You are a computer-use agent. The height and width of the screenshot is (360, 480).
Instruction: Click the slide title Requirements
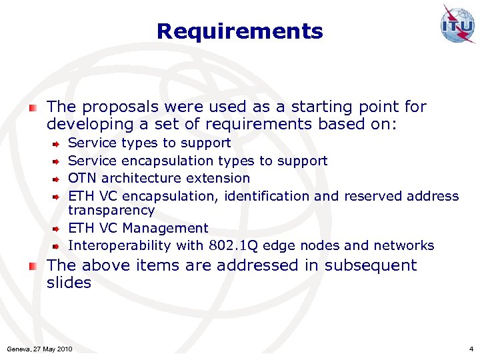(x=239, y=31)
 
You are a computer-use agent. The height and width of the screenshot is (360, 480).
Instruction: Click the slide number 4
(x=471, y=349)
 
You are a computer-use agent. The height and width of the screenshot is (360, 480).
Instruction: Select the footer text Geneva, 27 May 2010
(x=39, y=349)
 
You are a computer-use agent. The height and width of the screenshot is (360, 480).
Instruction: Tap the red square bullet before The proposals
(x=33, y=107)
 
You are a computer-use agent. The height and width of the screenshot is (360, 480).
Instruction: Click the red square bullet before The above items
(x=33, y=265)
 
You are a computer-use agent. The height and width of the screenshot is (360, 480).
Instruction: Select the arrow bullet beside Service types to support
(x=57, y=143)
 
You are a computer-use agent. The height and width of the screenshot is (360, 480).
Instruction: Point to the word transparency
(x=111, y=210)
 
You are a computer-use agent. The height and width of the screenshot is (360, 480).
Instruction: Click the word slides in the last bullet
(x=69, y=283)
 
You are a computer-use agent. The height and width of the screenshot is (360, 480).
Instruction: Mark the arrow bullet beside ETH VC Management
(x=57, y=229)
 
